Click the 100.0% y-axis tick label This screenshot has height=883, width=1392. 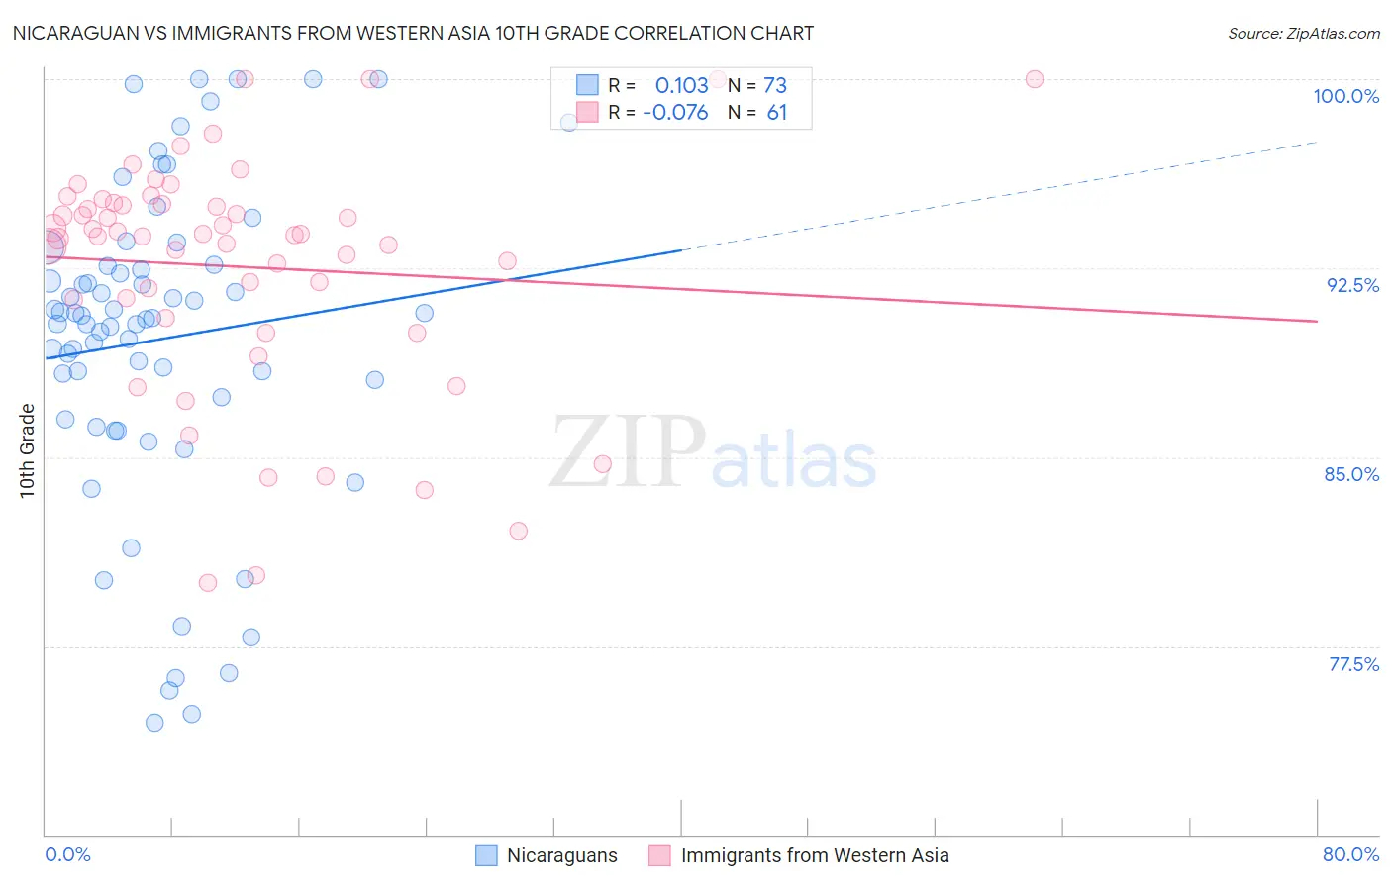[x=1345, y=96]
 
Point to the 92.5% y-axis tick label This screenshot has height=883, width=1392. [x=1352, y=285]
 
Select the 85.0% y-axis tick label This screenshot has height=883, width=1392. [x=1351, y=474]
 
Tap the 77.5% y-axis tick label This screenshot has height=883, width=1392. [x=1353, y=664]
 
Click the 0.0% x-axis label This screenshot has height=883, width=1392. [x=67, y=854]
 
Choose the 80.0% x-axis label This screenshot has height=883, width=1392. [x=1350, y=854]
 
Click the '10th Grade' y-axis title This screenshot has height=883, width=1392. [x=27, y=450]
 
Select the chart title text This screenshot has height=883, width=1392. [x=413, y=33]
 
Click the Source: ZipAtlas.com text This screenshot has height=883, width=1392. [x=1303, y=33]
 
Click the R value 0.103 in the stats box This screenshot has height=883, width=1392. [x=681, y=85]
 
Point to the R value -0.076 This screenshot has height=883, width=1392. [x=675, y=113]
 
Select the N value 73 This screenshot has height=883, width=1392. [x=775, y=85]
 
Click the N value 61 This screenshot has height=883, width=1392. [x=776, y=113]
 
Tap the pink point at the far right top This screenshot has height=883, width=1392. [x=1035, y=79]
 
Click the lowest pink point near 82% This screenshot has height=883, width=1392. [x=518, y=531]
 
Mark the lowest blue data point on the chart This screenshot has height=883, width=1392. [x=154, y=723]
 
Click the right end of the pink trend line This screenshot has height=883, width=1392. [x=1317, y=321]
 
